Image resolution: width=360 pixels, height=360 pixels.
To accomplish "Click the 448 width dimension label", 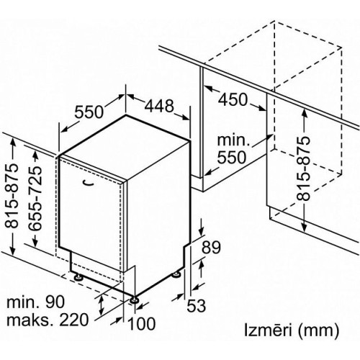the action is click(x=159, y=106).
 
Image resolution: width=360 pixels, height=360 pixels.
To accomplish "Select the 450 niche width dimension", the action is click(x=233, y=99).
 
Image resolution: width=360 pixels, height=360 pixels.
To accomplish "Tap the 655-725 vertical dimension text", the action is click(x=35, y=198).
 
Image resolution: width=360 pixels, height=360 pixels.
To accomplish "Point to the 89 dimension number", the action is click(x=211, y=247).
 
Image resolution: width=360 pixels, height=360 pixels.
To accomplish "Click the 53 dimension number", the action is click(x=197, y=305).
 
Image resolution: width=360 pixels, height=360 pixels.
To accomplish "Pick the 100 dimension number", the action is click(x=142, y=323).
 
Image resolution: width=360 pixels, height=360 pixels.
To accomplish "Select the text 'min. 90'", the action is click(x=35, y=302).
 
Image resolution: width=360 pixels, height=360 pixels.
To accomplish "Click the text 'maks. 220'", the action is click(x=48, y=320).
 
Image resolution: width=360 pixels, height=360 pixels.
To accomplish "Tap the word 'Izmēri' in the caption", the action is click(x=268, y=330).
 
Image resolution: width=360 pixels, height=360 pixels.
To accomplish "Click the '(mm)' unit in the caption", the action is click(x=318, y=331).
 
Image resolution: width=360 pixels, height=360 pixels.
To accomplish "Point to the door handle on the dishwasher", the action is click(x=87, y=183).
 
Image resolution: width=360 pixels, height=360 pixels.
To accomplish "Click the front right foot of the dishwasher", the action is click(x=133, y=300).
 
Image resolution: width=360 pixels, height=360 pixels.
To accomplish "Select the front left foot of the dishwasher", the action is click(x=78, y=277).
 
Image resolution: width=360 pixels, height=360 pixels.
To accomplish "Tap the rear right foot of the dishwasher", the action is click(x=176, y=274).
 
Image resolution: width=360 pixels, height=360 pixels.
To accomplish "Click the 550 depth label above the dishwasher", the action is click(x=89, y=112).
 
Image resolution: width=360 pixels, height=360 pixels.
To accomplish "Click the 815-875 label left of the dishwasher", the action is click(x=12, y=196).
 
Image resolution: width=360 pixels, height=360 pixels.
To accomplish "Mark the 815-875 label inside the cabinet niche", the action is click(x=302, y=168).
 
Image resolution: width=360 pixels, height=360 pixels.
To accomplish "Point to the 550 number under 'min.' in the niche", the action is click(x=232, y=157).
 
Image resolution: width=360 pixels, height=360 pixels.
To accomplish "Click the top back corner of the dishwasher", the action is click(x=126, y=115).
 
